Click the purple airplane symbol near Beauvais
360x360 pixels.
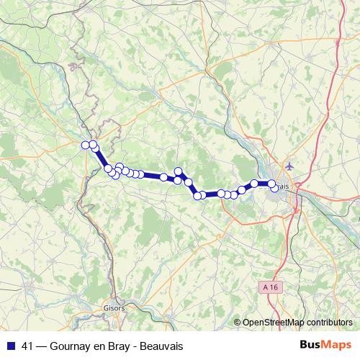pyautogui.click(x=289, y=166)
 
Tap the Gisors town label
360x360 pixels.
pyautogui.click(x=114, y=307)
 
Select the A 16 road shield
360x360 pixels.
pyautogui.click(x=269, y=287)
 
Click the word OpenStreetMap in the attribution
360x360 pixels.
pyautogui.click(x=273, y=322)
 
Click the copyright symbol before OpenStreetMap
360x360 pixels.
pyautogui.click(x=238, y=322)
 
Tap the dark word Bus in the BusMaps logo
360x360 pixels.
pyautogui.click(x=311, y=346)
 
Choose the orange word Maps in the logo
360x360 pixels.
pyautogui.click(x=337, y=346)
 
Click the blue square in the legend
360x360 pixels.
pyautogui.click(x=10, y=346)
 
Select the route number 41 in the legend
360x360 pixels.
pyautogui.click(x=27, y=346)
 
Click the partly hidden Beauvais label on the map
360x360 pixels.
pyautogui.click(x=282, y=186)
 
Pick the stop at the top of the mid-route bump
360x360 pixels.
pyautogui.click(x=178, y=171)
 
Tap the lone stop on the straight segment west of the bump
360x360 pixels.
pyautogui.click(x=164, y=176)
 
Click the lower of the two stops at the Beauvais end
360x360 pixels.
pyautogui.click(x=274, y=189)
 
